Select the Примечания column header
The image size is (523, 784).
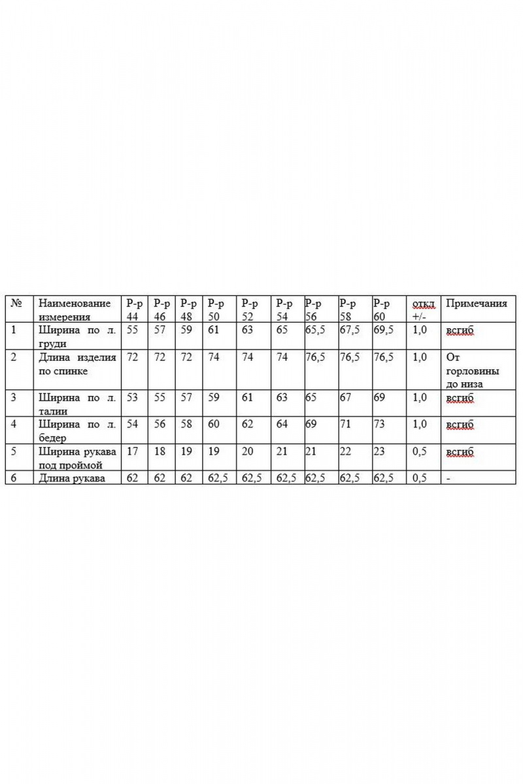coord(476,304)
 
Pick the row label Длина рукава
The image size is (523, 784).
coord(71,478)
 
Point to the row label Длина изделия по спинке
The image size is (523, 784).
coord(77,364)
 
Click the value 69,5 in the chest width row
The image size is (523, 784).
coord(383,331)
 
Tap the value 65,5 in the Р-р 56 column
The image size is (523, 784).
coord(315,331)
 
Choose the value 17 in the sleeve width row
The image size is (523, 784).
coord(132,451)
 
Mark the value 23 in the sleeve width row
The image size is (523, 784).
coord(379,451)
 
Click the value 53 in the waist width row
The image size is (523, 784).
coord(132,397)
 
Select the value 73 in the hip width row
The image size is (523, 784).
coord(379,424)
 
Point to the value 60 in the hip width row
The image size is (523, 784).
coord(213,424)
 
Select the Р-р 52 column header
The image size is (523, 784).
coord(248,309)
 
